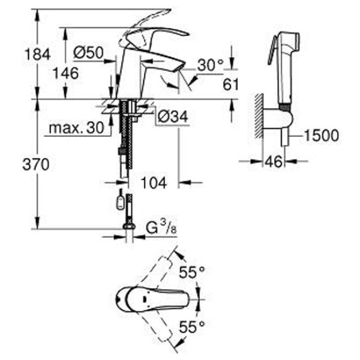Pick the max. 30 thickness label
(74, 128)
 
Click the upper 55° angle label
(192, 272)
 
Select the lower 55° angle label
(192, 326)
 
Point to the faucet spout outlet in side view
(178, 68)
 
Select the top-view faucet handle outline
(150, 298)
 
